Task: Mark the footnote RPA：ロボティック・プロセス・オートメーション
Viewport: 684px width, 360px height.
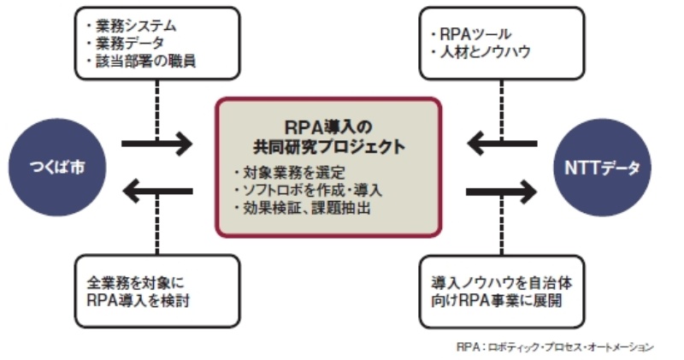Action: pos(556,346)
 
